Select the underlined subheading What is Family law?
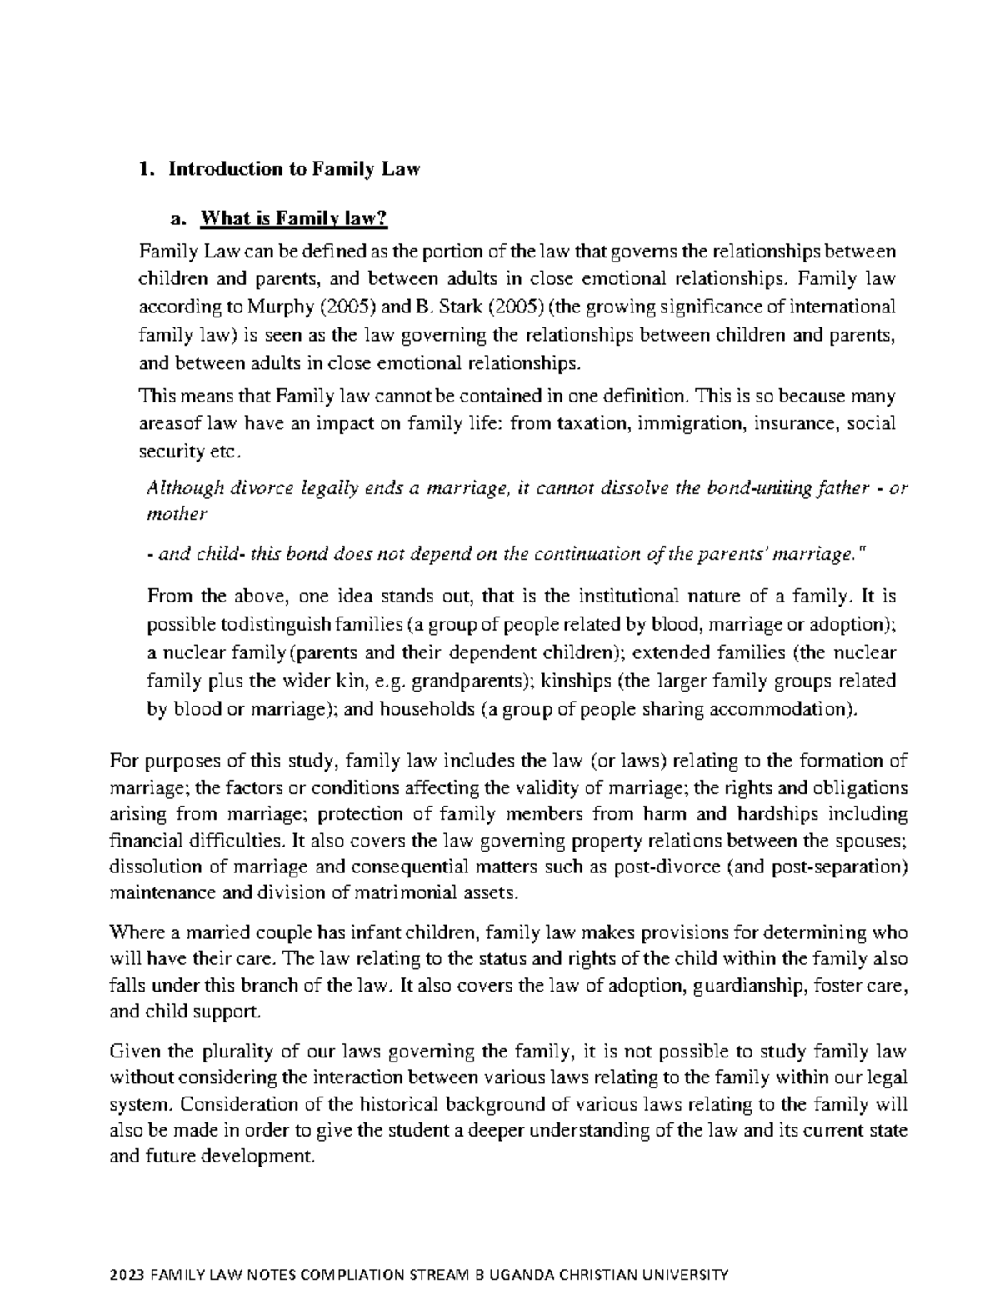pos(293,220)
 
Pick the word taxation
pos(589,423)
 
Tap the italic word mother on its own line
pos(176,515)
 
